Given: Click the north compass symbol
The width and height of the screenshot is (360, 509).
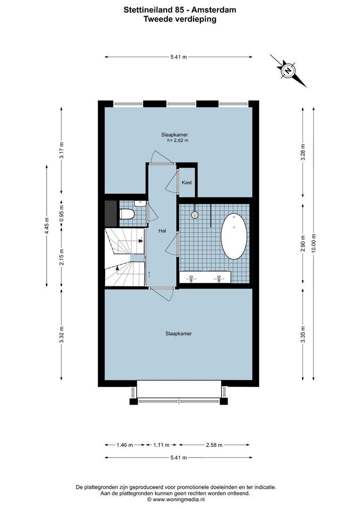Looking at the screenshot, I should [287, 71].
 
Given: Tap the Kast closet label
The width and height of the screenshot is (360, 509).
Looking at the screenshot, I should [187, 182].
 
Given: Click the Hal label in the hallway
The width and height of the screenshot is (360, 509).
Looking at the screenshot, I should [163, 231].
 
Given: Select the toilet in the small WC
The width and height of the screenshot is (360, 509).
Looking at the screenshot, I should [127, 214].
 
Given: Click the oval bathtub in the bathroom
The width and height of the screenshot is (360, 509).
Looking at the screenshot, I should [234, 237].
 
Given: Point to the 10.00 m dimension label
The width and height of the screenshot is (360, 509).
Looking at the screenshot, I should [313, 243].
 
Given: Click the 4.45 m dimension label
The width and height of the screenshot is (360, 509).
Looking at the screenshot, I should [46, 225].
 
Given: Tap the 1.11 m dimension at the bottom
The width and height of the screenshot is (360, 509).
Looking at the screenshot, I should [161, 444].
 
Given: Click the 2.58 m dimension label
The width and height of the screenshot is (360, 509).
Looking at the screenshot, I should [214, 444].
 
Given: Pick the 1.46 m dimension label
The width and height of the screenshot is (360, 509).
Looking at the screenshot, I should [124, 444].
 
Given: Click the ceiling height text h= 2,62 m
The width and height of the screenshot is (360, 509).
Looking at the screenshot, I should [178, 140].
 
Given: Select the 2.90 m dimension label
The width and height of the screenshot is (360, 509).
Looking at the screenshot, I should [303, 243].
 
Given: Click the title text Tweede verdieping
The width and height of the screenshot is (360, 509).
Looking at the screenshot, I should [180, 19].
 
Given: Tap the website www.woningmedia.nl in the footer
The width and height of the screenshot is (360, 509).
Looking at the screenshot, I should [182, 499].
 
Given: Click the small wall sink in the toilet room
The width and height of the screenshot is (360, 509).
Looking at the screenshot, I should [139, 204].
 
